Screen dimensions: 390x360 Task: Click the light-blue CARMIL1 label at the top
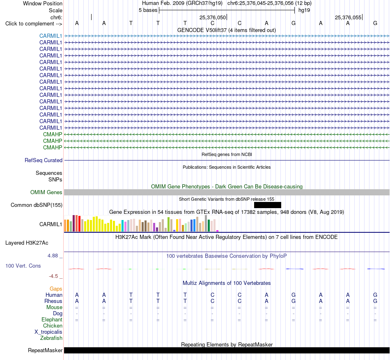coord(51,36)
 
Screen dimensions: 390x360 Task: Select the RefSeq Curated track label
coord(44,161)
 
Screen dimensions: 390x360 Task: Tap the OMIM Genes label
coord(46,192)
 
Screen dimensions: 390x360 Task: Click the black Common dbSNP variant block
coord(268,205)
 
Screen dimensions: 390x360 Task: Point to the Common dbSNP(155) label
coord(37,205)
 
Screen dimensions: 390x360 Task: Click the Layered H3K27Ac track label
coord(27,243)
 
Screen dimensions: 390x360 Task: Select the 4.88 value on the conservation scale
coord(53,256)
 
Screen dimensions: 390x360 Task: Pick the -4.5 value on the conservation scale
coord(53,276)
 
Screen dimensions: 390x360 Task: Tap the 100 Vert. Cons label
coord(23,266)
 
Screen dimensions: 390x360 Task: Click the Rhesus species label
coord(53,301)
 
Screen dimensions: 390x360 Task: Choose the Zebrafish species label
coord(51,338)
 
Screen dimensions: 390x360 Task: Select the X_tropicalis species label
coord(48,332)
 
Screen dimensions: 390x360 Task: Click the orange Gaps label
coord(56,289)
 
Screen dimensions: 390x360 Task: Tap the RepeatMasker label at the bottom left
coord(45,350)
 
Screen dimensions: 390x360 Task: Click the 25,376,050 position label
coord(213,17)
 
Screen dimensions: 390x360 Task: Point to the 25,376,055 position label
coord(348,17)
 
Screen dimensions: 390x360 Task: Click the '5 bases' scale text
coord(148,10)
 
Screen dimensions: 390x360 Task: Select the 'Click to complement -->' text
coord(34,24)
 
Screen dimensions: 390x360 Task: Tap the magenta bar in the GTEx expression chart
coord(218,231)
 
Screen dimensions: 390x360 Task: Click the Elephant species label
coord(52,319)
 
